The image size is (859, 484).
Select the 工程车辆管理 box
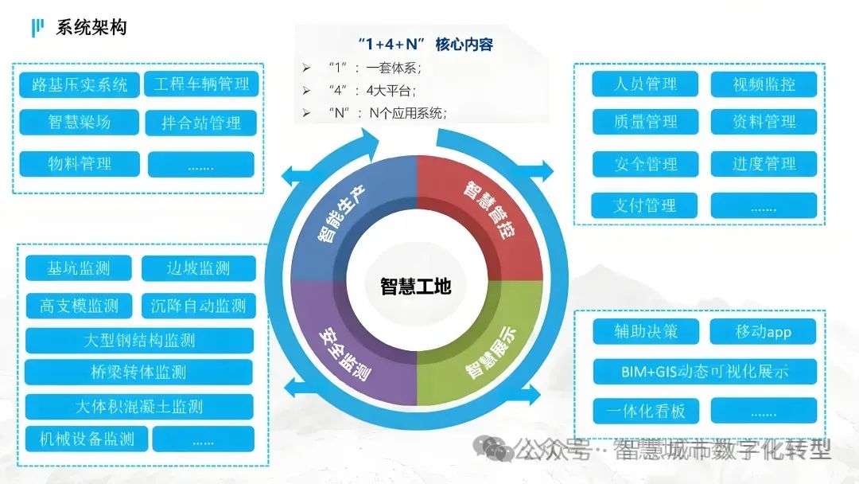201,84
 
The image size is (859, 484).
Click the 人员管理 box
645,84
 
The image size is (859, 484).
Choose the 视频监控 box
764,84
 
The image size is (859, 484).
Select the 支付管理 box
645,205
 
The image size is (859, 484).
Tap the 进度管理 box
764,164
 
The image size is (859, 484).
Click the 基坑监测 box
78,268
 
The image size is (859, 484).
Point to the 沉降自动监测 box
198,305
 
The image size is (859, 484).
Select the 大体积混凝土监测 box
139,407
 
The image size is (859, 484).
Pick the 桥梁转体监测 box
139,372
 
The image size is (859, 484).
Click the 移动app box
764,331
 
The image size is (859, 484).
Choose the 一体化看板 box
645,411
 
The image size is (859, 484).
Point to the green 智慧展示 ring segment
487,350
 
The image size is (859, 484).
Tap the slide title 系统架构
91,29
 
